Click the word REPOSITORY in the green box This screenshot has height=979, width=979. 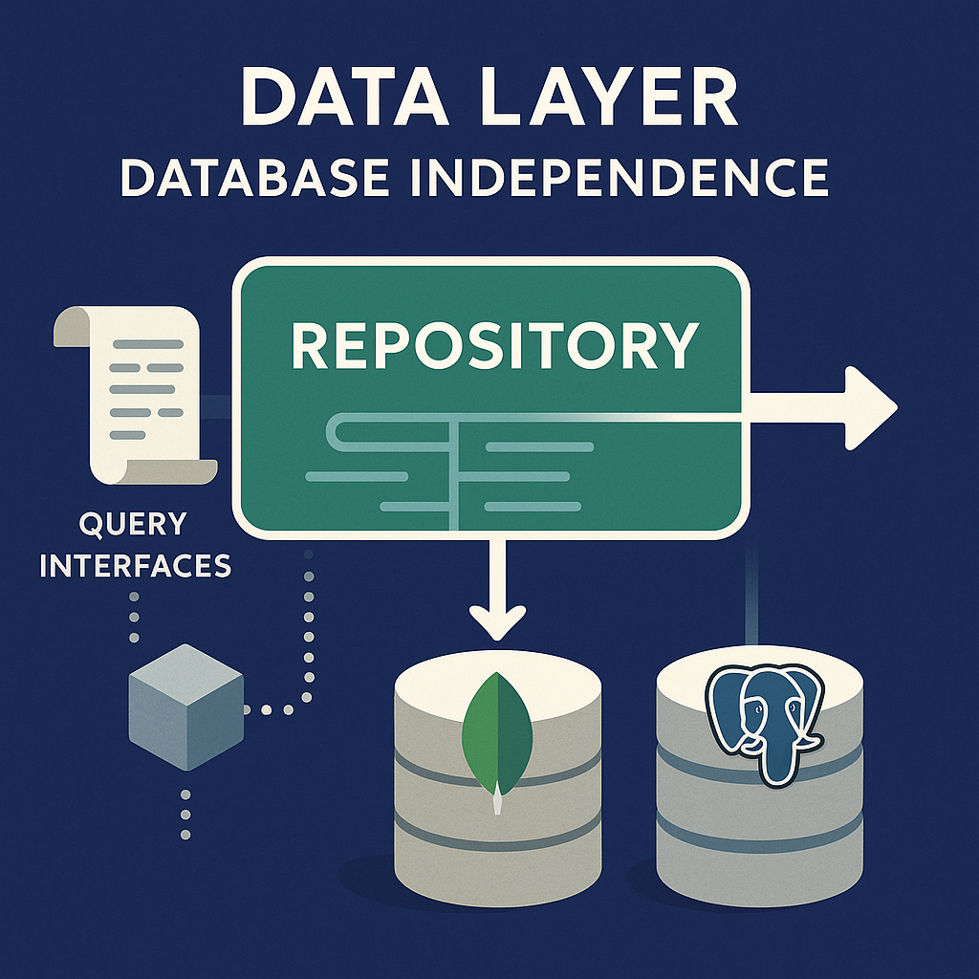pos(493,345)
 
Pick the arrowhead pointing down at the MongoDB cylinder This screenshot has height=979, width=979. pos(497,622)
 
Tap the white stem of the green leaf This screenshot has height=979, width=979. pos(496,803)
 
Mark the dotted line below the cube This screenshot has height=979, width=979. pos(185,813)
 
